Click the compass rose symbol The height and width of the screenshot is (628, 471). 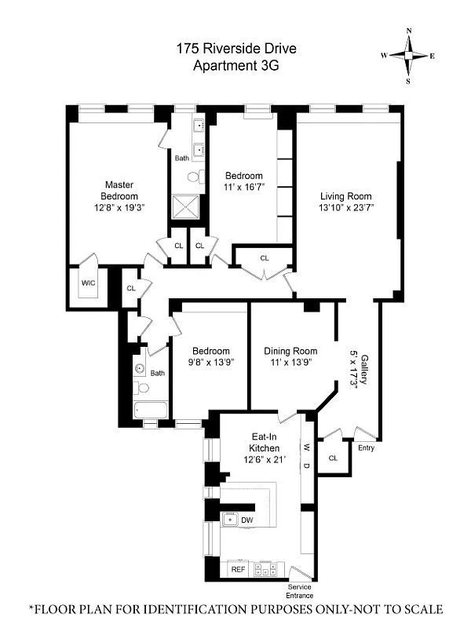pos(408,55)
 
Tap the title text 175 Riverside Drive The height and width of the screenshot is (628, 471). pos(235,49)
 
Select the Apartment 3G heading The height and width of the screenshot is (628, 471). pos(235,66)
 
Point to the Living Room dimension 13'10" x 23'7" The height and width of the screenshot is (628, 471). pos(345,208)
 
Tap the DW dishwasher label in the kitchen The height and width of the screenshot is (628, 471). pos(247,520)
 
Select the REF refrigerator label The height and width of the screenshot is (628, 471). pos(238,569)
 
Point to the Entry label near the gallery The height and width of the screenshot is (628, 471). pos(366,448)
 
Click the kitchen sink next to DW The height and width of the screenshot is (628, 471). pos(231,519)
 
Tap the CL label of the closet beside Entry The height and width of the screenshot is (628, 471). pos(333,458)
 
